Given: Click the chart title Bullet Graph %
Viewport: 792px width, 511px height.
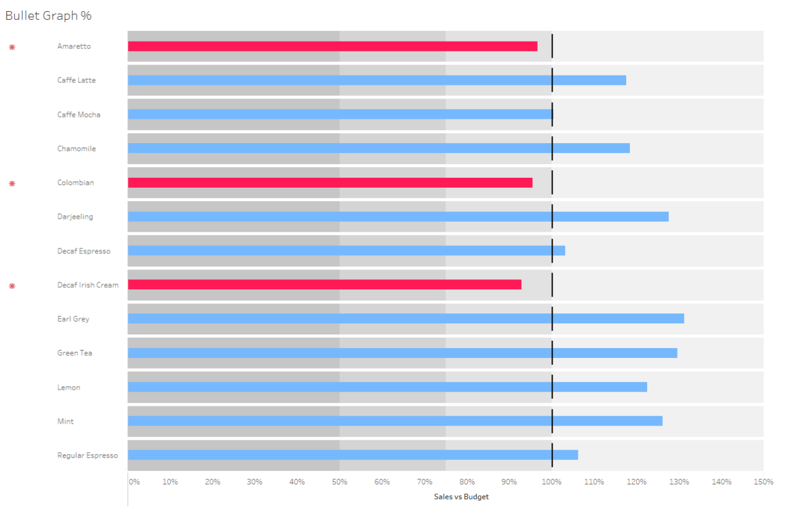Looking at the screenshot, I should click(x=48, y=15).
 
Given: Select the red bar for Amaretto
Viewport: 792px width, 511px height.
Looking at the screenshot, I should click(x=332, y=46).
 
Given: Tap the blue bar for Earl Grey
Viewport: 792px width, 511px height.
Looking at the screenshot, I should click(x=405, y=318).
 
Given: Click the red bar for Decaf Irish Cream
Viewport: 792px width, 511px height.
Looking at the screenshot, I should click(x=324, y=284).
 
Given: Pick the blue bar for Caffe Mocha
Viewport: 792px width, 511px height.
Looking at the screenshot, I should click(x=340, y=115).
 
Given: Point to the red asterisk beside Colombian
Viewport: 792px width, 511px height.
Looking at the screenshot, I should click(x=12, y=183).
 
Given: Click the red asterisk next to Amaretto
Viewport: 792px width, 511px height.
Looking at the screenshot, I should click(x=12, y=47).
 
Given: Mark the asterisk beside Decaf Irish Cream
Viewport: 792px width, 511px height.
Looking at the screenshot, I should click(x=12, y=286).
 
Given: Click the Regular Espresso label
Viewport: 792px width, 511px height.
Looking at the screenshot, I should click(x=87, y=455).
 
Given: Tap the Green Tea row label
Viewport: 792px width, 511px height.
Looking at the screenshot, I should click(x=74, y=353).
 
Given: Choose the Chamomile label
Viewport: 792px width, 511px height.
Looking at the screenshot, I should click(x=76, y=149).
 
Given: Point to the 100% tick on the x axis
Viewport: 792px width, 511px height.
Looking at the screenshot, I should click(x=551, y=482).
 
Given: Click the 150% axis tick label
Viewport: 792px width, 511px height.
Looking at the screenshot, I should click(x=763, y=482).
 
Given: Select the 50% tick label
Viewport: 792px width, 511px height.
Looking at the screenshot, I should click(x=340, y=482).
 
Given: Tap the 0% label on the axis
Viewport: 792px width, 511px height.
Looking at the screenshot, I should click(x=134, y=482).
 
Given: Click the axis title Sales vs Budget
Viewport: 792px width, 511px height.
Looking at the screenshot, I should click(x=461, y=497).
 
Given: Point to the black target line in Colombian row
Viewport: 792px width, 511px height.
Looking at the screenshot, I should click(x=552, y=183).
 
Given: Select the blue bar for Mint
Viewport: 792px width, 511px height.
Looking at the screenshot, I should click(x=395, y=421).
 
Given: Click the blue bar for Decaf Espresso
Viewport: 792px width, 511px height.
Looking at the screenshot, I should click(x=346, y=251).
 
